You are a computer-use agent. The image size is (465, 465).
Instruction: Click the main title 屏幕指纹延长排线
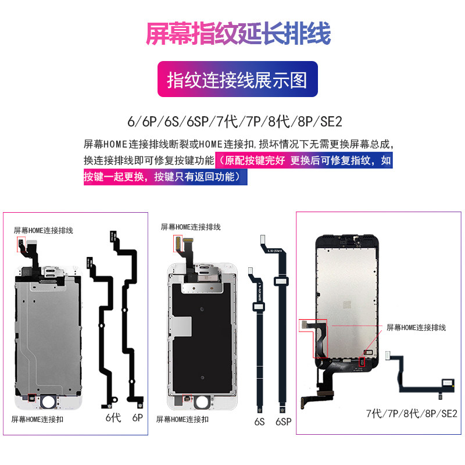[x=238, y=33]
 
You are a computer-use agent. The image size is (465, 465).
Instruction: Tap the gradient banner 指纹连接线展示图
[x=237, y=80]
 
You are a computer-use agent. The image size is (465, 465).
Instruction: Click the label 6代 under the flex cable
[x=113, y=417]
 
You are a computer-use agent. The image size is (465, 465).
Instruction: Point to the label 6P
[x=138, y=417]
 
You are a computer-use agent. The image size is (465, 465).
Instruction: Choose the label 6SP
[x=283, y=421]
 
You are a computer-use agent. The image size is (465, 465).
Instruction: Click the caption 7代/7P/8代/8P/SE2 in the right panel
[x=412, y=414]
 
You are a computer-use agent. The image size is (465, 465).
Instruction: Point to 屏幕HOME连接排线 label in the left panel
[x=44, y=230]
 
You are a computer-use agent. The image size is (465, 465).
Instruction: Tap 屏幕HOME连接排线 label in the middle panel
[x=191, y=227]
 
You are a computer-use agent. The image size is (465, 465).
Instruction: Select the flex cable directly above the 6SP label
[x=282, y=320]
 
